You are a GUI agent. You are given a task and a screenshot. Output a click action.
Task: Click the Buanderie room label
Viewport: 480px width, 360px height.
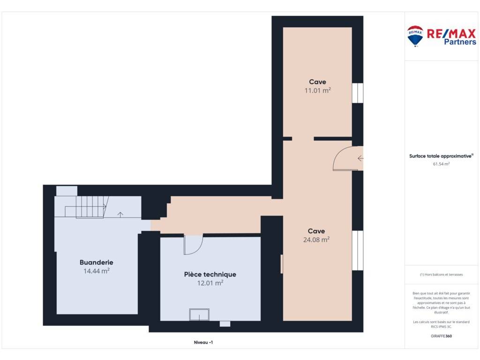coord(97,262)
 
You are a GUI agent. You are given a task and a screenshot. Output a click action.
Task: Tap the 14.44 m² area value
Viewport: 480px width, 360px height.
coord(97,271)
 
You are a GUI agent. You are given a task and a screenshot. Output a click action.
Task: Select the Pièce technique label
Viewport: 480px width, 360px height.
coord(210,275)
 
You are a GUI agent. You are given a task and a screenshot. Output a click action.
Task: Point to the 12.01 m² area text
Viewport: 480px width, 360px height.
coord(210,283)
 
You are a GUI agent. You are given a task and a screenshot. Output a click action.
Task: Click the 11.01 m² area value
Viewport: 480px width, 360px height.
coord(317,90)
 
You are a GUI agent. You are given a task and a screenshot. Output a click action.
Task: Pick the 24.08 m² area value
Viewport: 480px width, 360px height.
coord(316,240)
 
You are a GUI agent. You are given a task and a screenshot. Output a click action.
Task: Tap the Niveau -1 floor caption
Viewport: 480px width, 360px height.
coord(203,343)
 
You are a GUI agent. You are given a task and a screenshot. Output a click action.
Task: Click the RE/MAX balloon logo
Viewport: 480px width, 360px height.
coord(415,36)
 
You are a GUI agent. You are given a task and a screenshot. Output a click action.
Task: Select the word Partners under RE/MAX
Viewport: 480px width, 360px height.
coord(460,42)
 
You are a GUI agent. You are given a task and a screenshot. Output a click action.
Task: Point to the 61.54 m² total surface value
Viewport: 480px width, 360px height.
coord(441,164)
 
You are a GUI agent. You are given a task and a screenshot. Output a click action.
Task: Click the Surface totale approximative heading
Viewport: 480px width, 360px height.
coord(441,156)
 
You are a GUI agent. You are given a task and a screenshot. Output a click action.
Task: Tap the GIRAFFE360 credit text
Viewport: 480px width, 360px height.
coord(441,336)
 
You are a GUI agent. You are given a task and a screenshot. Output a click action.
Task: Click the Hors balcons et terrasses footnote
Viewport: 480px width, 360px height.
coord(441,275)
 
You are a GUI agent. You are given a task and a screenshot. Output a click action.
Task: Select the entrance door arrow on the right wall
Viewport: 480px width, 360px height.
coord(360,158)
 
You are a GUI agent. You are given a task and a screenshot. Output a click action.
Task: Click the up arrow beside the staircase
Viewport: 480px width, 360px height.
coord(120,215)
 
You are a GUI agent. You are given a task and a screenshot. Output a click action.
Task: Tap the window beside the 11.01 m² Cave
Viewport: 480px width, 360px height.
coord(358,93)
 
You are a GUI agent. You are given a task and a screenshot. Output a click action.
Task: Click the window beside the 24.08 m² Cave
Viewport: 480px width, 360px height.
coord(358,250)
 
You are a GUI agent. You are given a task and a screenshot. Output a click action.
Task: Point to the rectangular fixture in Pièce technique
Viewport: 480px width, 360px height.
coord(199,315)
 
